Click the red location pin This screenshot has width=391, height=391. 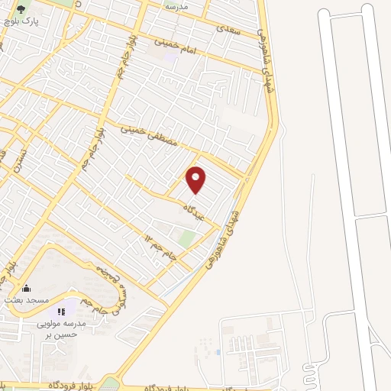pyautogui.click(x=196, y=179)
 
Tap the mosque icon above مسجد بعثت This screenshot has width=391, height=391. pyautogui.click(x=27, y=289)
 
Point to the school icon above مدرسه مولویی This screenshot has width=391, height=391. pyautogui.click(x=61, y=312)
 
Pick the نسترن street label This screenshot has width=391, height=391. pyautogui.click(x=23, y=158)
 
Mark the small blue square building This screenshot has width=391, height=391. pyautogui.click(x=218, y=352)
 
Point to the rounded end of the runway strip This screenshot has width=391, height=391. pyautogui.click(x=325, y=14)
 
